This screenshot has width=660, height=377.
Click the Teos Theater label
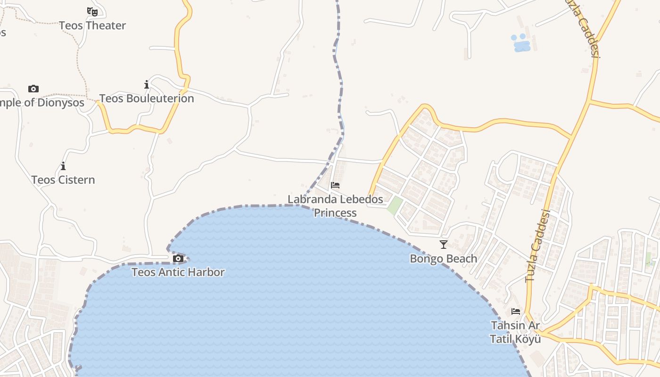92,25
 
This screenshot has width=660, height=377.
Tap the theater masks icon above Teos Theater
92,11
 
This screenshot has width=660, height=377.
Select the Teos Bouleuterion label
146,98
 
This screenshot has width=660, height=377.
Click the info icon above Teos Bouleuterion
147,85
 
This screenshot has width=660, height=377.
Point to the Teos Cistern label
63,180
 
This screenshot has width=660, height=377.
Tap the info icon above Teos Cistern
63,166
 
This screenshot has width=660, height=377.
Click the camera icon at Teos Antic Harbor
178,258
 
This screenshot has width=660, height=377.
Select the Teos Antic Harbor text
178,272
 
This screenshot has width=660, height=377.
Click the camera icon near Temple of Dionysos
33,89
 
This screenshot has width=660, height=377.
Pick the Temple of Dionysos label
42,103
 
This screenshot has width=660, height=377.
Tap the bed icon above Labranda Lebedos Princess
335,185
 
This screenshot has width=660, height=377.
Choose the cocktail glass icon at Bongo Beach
443,244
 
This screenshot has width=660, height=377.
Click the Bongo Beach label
443,259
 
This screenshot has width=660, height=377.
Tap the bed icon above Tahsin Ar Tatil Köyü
516,311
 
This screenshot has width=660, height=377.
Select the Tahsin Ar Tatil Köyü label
515,332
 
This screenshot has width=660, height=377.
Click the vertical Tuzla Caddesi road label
537,247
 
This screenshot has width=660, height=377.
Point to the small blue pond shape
521,43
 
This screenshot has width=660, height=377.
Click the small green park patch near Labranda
395,206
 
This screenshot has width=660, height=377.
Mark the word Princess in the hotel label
335,213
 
